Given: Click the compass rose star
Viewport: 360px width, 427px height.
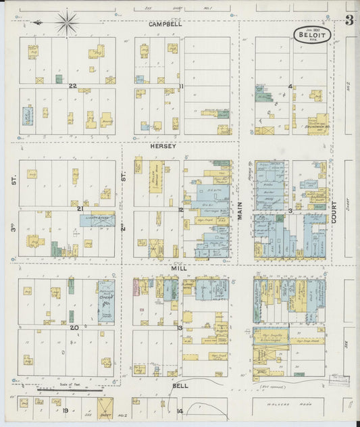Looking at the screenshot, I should coord(66,23).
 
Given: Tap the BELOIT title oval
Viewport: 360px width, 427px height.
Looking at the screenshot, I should coord(312,35).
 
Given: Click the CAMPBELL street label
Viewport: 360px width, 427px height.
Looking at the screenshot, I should coord(166,24).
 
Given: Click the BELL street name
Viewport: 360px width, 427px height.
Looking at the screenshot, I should coord(180,386).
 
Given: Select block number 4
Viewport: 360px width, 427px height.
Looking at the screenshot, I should coord(290,86).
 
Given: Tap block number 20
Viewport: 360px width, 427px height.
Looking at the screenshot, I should coord(74,328).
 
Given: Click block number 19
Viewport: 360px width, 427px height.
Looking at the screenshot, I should coord(66,410).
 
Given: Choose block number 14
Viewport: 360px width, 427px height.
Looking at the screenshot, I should coord(180,411).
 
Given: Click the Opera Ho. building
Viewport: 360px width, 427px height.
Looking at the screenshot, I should coord(105,300).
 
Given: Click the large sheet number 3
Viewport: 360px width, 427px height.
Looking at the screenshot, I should coord(349,20).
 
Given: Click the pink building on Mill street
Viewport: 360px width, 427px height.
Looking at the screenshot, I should coord(136,286).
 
